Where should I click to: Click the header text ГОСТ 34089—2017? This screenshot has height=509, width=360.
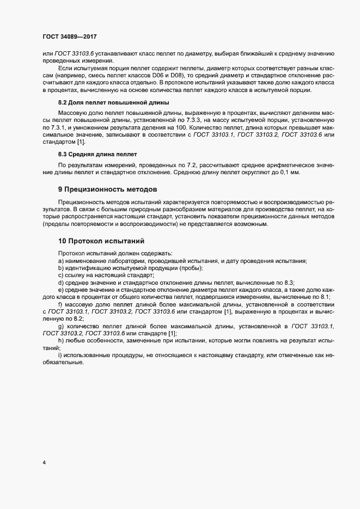pos(70,36)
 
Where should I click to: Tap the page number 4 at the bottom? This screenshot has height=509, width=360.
pos(44,463)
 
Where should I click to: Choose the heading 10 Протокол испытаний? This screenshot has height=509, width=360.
pos(101,241)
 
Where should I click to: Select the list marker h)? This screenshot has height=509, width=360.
pos(60,340)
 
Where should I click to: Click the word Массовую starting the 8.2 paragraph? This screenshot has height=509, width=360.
pos(72,112)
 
